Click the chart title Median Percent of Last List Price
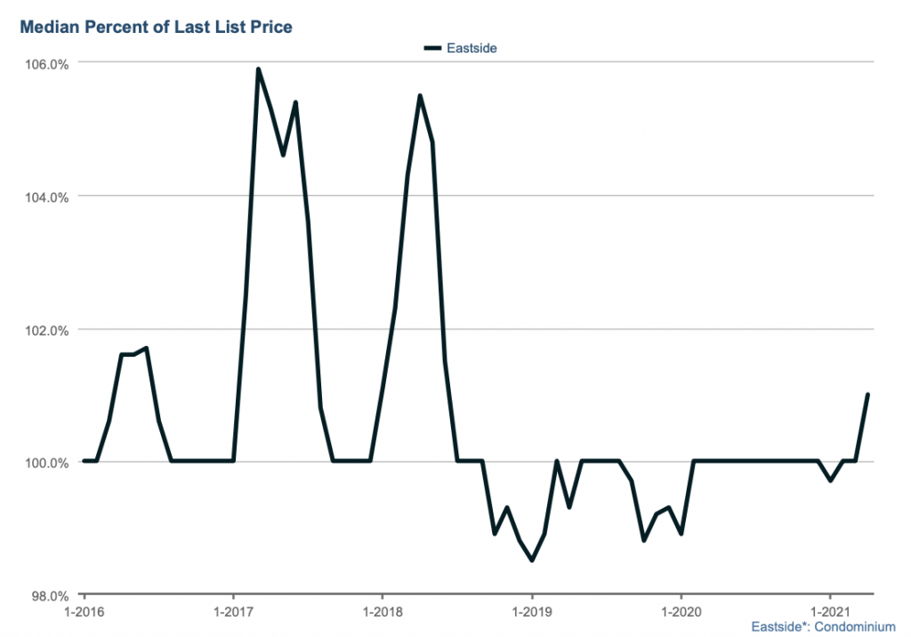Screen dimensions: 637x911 [156, 27]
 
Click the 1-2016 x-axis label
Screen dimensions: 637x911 [84, 612]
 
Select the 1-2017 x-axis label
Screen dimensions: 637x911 [233, 612]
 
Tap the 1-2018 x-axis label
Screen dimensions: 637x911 [383, 612]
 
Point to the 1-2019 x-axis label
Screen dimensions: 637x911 [532, 612]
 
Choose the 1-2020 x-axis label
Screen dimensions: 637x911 [681, 612]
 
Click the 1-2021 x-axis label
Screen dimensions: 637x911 [830, 612]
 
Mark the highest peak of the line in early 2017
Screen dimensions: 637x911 [258, 69]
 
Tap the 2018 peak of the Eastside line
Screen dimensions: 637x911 [420, 96]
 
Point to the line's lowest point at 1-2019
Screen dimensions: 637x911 [532, 560]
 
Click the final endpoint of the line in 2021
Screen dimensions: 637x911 [867, 395]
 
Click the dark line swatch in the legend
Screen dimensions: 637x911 [433, 48]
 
